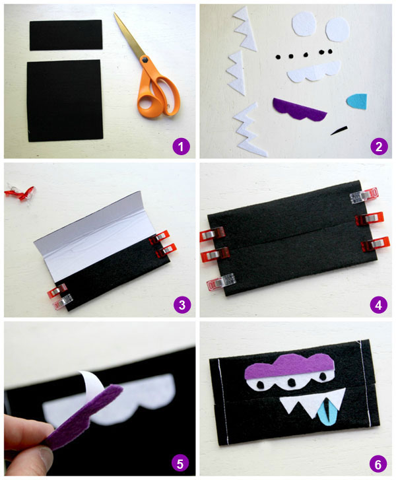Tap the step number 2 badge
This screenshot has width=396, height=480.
pyautogui.click(x=378, y=145)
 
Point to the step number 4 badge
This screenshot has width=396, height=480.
pyautogui.click(x=378, y=304)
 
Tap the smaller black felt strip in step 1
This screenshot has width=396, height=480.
pyautogui.click(x=65, y=35)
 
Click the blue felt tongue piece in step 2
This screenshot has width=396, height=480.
pyautogui.click(x=358, y=101)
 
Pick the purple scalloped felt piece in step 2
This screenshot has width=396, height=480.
pyautogui.click(x=299, y=109)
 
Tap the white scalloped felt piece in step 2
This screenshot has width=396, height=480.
pyautogui.click(x=313, y=71)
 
